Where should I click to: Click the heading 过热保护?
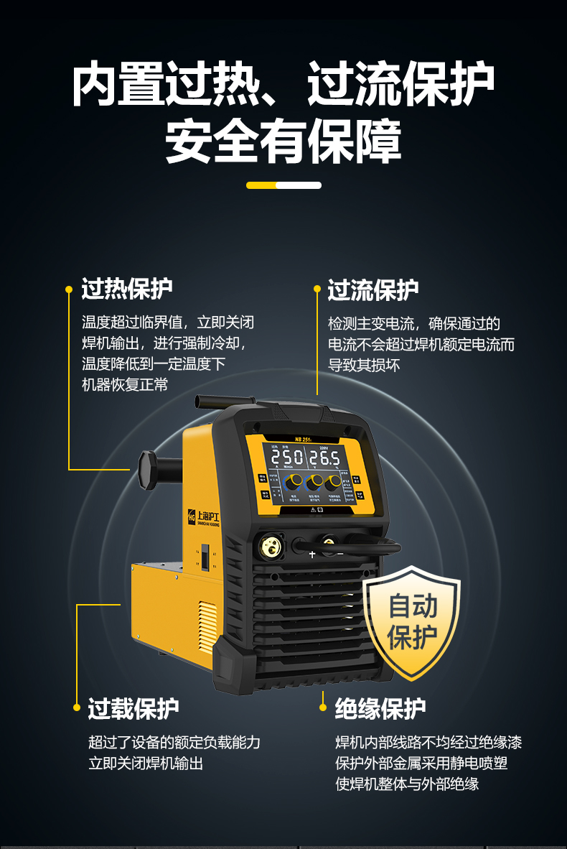127,289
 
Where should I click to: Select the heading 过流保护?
373,290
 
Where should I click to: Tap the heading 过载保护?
133,708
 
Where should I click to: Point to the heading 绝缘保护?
380,708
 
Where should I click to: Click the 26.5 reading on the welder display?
324,458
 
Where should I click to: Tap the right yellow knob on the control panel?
332,481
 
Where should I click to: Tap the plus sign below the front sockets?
312,555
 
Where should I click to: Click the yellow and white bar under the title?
283,185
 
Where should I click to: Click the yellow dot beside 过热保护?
69,289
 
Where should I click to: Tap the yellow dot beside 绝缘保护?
322,708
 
